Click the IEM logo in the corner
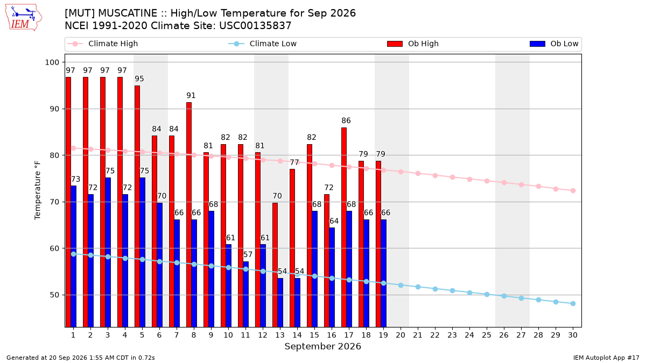click(x=24, y=18)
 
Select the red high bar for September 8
click(x=189, y=215)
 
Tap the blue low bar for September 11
click(x=245, y=294)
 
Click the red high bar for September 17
click(x=344, y=227)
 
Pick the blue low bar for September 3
click(x=108, y=252)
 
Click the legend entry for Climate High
click(x=103, y=44)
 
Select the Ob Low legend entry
click(x=554, y=44)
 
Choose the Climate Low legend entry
click(x=263, y=44)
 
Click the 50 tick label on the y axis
click(x=52, y=295)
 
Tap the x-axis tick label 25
click(x=487, y=335)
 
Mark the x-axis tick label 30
click(x=573, y=335)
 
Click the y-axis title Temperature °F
click(x=38, y=190)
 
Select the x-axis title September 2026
click(x=322, y=346)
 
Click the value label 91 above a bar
click(x=191, y=95)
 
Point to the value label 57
click(x=248, y=255)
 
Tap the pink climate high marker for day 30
click(x=573, y=191)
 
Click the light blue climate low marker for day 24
click(x=469, y=293)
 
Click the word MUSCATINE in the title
click(x=128, y=13)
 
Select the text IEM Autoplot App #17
click(x=606, y=358)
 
